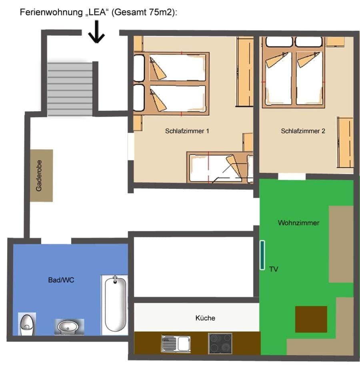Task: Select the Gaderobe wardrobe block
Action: coord(42,176)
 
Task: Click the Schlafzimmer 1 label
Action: coord(187,131)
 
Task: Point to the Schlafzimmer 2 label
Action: coord(303,131)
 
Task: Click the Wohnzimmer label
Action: coord(298,223)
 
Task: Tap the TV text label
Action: coord(274,269)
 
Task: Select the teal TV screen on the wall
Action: coord(262,254)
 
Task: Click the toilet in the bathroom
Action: coord(27,324)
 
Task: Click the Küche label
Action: coord(205,318)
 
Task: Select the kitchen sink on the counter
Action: coord(176,343)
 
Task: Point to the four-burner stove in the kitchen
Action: coord(220,343)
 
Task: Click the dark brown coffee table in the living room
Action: coord(311,319)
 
